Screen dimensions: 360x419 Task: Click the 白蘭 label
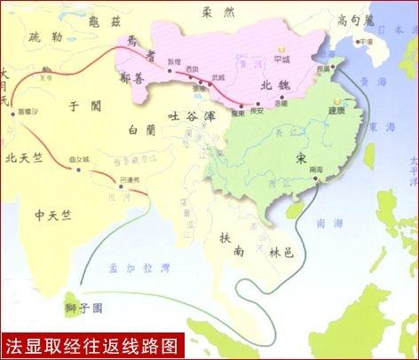click(142, 130)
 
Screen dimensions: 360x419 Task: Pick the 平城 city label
click(283, 60)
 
